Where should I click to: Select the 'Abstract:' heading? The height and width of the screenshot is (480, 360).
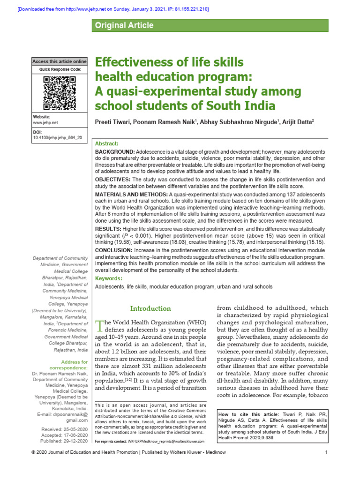(x=107, y=143)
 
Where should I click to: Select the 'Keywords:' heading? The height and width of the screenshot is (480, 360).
(x=109, y=278)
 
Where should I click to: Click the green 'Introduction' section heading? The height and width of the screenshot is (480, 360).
(x=150, y=308)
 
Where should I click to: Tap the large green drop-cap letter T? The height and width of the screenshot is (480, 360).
(x=98, y=326)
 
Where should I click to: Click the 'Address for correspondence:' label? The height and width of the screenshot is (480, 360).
(x=74, y=366)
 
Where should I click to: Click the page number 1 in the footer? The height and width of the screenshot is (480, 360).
(x=325, y=465)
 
